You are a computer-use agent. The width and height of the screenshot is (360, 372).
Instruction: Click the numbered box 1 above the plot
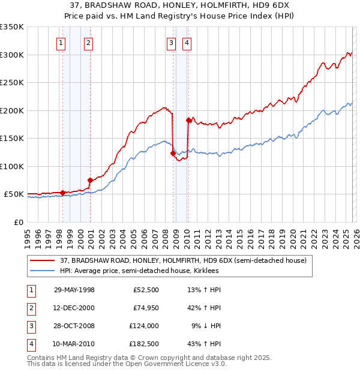pos(61,43)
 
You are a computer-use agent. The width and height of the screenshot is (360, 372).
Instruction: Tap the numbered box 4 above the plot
pos(187,43)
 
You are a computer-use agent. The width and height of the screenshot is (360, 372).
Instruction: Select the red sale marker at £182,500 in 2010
pos(188,120)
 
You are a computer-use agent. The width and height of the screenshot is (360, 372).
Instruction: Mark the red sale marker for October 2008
pos(173,153)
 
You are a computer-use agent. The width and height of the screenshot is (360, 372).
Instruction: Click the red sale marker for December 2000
pos(90,180)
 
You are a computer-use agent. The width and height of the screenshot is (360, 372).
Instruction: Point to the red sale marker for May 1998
pos(63,193)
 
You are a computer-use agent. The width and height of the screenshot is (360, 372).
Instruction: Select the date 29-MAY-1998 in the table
pos(74,290)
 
